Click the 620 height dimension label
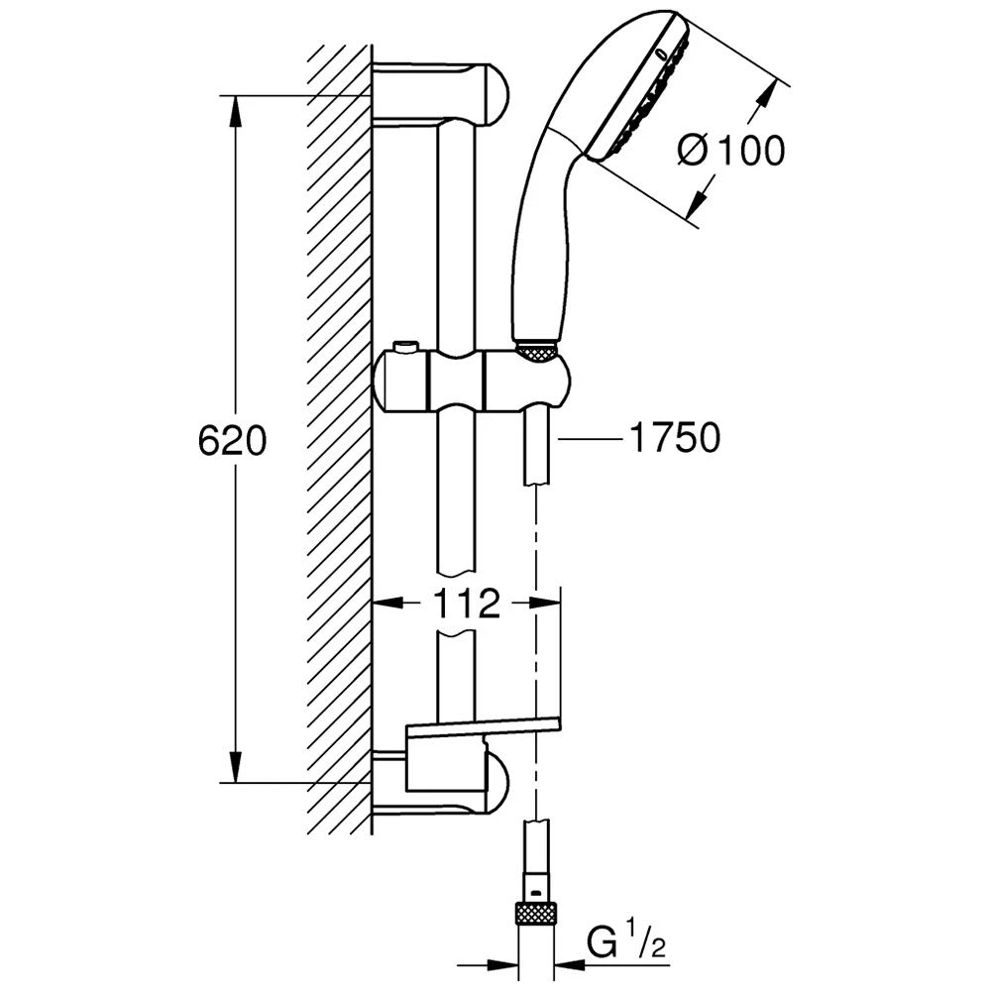[x=233, y=440]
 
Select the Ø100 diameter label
[x=731, y=151]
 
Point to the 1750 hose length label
[x=674, y=437]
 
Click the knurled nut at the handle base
[x=537, y=352]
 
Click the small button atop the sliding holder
[x=405, y=347]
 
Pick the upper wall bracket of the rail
[x=441, y=93]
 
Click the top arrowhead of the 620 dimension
[x=236, y=113]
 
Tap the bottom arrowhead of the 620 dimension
[x=236, y=766]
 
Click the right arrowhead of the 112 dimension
[x=546, y=603]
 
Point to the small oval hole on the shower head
[x=661, y=55]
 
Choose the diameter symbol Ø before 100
[x=695, y=152]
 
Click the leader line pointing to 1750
[x=588, y=437]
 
